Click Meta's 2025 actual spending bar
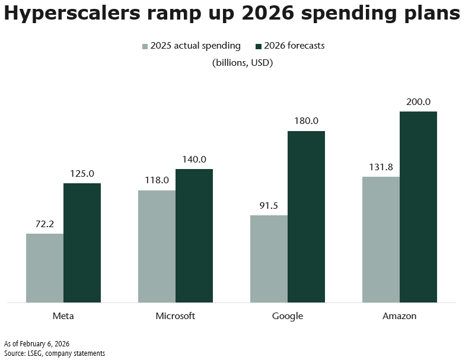click(x=44, y=268)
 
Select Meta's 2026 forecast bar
click(x=82, y=243)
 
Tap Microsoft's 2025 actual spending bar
click(x=157, y=246)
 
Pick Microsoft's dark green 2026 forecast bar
click(x=194, y=236)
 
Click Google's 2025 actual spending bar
click(x=269, y=259)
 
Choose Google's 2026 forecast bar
click(x=306, y=217)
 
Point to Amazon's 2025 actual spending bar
click(x=381, y=240)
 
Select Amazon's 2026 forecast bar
click(x=418, y=207)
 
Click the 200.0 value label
click(x=419, y=102)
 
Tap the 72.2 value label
click(x=45, y=224)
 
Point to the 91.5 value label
click(x=269, y=206)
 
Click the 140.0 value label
click(x=194, y=160)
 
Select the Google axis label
click(x=288, y=316)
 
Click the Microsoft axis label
click(x=176, y=316)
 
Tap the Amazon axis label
click(x=400, y=316)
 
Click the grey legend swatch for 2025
click(x=145, y=46)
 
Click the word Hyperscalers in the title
click(x=74, y=14)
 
